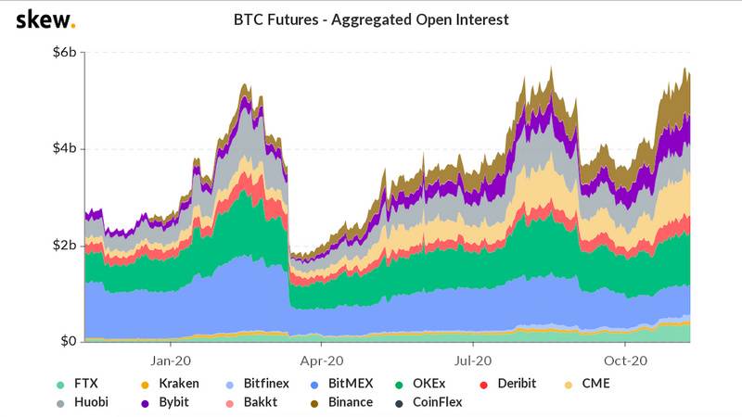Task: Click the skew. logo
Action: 46,19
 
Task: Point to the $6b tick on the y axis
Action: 65,53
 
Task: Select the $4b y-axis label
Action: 65,149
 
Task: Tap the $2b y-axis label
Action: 65,246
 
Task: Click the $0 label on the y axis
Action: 70,342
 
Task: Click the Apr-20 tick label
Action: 324,360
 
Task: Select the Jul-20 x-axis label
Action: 474,360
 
